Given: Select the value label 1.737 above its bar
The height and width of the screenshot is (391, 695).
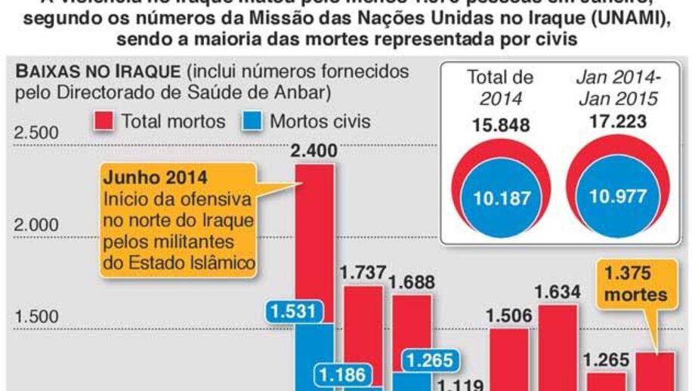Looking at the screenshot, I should (363, 273).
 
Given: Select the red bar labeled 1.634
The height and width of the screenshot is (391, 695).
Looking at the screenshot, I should (557, 347).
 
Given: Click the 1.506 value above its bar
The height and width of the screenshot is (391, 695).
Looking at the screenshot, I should (508, 316).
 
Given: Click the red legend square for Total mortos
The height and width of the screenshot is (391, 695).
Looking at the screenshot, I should (104, 121).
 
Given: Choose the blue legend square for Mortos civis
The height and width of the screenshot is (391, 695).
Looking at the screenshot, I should (253, 121).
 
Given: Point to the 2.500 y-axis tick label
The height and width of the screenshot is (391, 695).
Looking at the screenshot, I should (37, 134).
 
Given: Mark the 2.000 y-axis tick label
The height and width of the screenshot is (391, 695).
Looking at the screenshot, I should (37, 225).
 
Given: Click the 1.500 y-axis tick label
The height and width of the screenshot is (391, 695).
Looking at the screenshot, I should (37, 317).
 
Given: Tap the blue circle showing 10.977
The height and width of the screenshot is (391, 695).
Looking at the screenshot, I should (618, 197).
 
